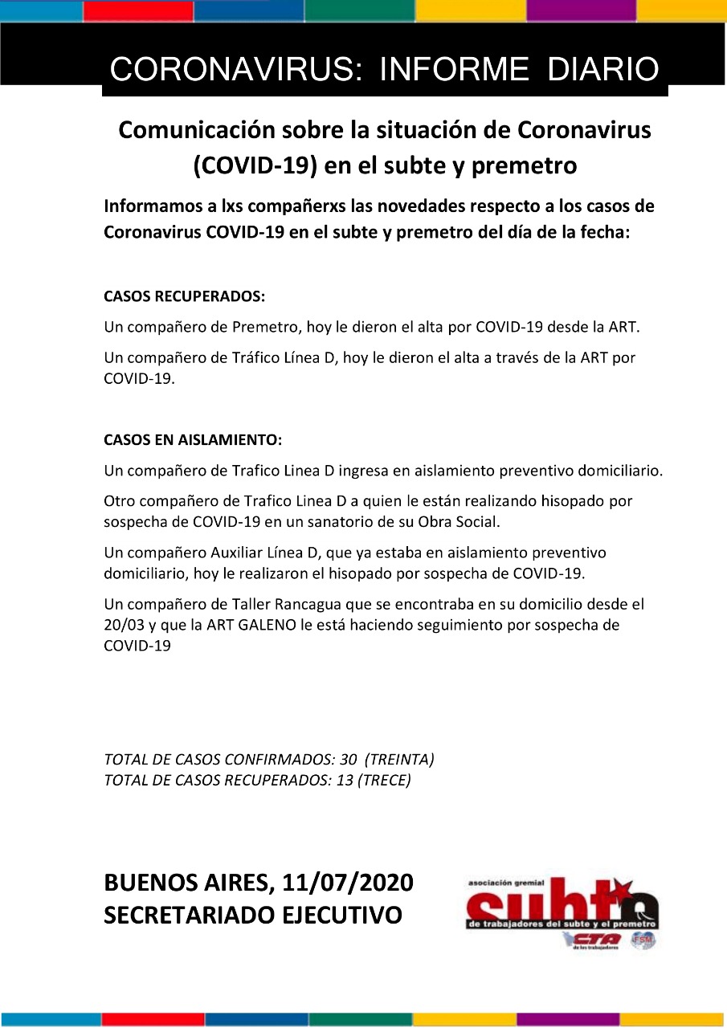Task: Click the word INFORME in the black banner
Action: [x=455, y=70]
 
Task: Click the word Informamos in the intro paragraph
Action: [x=150, y=206]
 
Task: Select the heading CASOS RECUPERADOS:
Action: [x=184, y=296]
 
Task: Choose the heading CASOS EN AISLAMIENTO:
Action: [x=193, y=440]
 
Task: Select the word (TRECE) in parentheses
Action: [x=385, y=780]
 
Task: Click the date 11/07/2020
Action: [x=348, y=883]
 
